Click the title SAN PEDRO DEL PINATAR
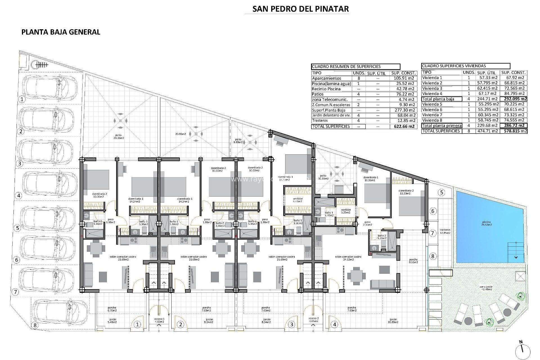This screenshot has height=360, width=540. [300, 9]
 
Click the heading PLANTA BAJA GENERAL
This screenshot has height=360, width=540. [61, 32]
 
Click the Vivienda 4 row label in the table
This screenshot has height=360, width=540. [432, 94]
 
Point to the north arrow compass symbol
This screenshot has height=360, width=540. [523, 349]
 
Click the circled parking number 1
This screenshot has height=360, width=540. [22, 99]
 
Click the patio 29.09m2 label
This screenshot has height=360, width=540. [118, 137]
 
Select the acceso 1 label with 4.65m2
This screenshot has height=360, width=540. [159, 320]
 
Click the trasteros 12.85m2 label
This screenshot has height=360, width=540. [445, 231]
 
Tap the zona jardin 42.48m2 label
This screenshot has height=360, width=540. [486, 288]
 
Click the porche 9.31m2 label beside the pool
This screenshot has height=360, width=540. [413, 261]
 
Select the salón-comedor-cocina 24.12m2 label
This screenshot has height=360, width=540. [348, 258]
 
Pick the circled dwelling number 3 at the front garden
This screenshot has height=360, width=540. [291, 325]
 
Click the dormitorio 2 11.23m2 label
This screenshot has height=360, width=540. [406, 192]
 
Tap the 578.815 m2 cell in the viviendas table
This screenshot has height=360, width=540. [514, 131]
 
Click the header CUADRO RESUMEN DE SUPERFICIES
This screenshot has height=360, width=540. [346, 67]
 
